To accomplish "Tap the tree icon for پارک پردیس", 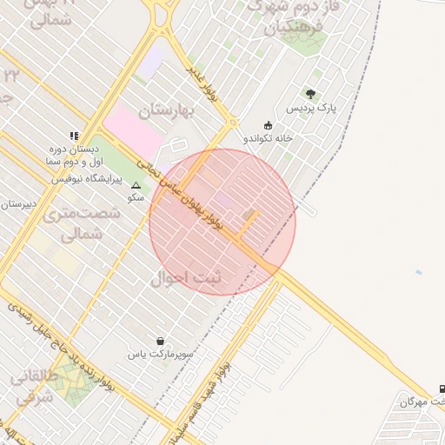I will pos(310,94).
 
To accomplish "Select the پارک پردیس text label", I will pos(314,108).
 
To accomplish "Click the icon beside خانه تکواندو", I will pos(267,124).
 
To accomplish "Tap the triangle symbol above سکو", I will pos(135,185).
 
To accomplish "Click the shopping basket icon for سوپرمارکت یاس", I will pos(160,341).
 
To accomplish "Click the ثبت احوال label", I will pos(186,279).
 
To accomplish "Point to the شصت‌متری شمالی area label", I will pos(73,223).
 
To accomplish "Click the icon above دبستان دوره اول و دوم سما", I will pos(74,136).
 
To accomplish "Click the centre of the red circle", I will pos(222,222).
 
